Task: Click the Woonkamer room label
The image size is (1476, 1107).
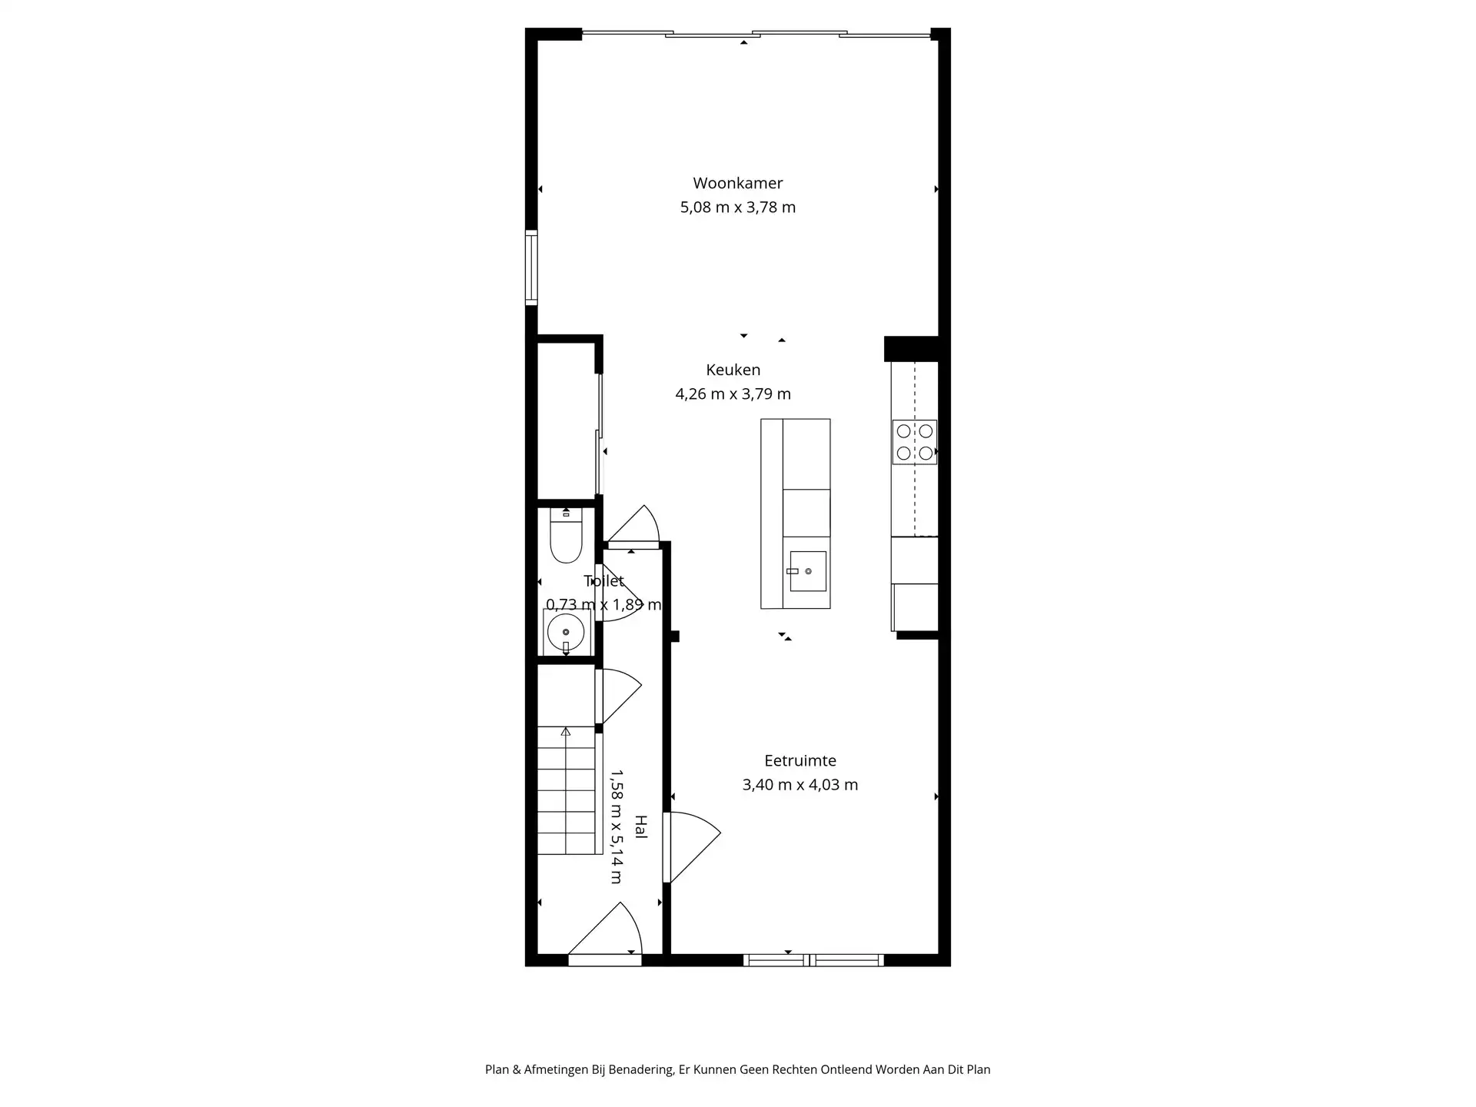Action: pyautogui.click(x=737, y=183)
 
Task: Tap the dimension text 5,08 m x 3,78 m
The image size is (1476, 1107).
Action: pyautogui.click(x=737, y=208)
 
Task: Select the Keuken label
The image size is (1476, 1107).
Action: pyautogui.click(x=733, y=370)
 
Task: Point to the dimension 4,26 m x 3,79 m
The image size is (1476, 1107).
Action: pyautogui.click(x=733, y=394)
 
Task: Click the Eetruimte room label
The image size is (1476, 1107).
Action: pyautogui.click(x=799, y=760)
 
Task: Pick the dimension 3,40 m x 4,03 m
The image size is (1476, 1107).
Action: pyautogui.click(x=799, y=785)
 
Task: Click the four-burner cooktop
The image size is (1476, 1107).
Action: pyautogui.click(x=914, y=442)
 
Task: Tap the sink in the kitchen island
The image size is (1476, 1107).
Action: pyautogui.click(x=807, y=571)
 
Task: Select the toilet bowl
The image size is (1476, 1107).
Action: pyautogui.click(x=566, y=538)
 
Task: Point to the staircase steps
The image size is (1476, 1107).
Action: pyautogui.click(x=567, y=792)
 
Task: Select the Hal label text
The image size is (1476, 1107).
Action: pyautogui.click(x=640, y=826)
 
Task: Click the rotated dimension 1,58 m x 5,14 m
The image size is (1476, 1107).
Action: pyautogui.click(x=617, y=826)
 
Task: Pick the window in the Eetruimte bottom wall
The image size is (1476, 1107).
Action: pyautogui.click(x=813, y=959)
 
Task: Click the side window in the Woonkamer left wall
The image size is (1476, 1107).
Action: pyautogui.click(x=530, y=268)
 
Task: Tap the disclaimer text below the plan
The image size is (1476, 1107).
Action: pyautogui.click(x=737, y=1069)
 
